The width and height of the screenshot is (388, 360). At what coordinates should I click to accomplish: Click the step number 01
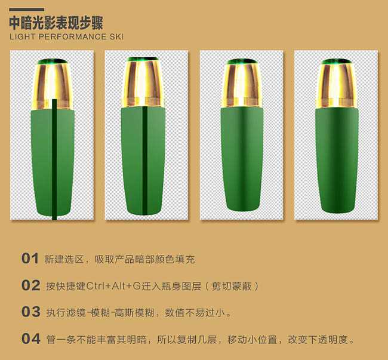(x=30, y=259)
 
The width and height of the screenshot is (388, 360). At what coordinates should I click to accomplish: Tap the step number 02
(x=30, y=285)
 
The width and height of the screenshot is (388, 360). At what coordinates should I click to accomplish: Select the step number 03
(x=30, y=312)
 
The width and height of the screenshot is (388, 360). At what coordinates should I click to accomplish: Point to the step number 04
(x=30, y=339)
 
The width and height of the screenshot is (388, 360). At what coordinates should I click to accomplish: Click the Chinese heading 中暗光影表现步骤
(x=56, y=23)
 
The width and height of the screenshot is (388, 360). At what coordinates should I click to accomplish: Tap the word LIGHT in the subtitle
(x=23, y=37)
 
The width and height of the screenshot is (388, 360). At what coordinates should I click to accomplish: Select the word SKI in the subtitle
(x=116, y=37)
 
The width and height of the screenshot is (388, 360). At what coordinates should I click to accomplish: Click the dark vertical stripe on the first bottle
(x=55, y=161)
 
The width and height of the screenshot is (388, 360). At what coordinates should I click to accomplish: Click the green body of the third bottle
(x=241, y=158)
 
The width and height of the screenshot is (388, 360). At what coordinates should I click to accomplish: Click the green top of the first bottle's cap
(x=53, y=61)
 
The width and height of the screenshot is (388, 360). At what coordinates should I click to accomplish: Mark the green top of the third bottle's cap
(x=241, y=61)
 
